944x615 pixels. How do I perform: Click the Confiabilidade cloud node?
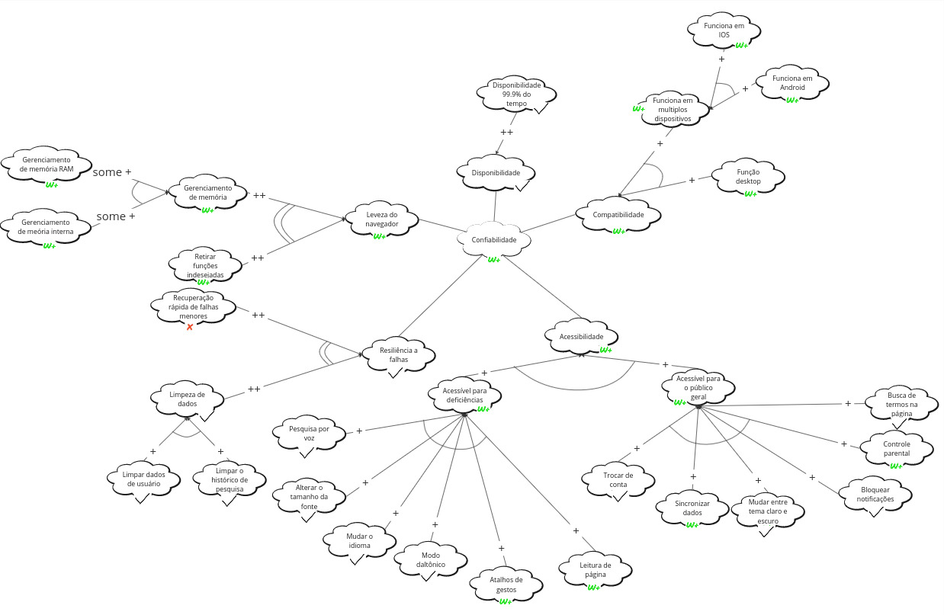pyautogui.click(x=493, y=240)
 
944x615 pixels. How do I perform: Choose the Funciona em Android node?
pyautogui.click(x=791, y=83)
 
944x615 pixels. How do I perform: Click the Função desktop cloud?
pyautogui.click(x=748, y=177)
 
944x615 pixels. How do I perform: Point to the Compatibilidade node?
pyautogui.click(x=618, y=215)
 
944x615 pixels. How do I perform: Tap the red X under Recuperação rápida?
pyautogui.click(x=190, y=327)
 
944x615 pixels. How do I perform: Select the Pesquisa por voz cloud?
pyautogui.click(x=309, y=434)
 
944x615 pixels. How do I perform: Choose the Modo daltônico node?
pyautogui.click(x=430, y=561)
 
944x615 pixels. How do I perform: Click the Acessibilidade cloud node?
pyautogui.click(x=581, y=337)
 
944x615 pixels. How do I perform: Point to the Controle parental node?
pyautogui.click(x=896, y=449)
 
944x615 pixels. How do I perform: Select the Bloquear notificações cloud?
pyautogui.click(x=876, y=494)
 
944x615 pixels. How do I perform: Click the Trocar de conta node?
pyautogui.click(x=618, y=480)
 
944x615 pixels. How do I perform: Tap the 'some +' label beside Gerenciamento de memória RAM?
pyautogui.click(x=111, y=172)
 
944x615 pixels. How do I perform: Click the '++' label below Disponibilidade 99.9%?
pyautogui.click(x=506, y=132)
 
